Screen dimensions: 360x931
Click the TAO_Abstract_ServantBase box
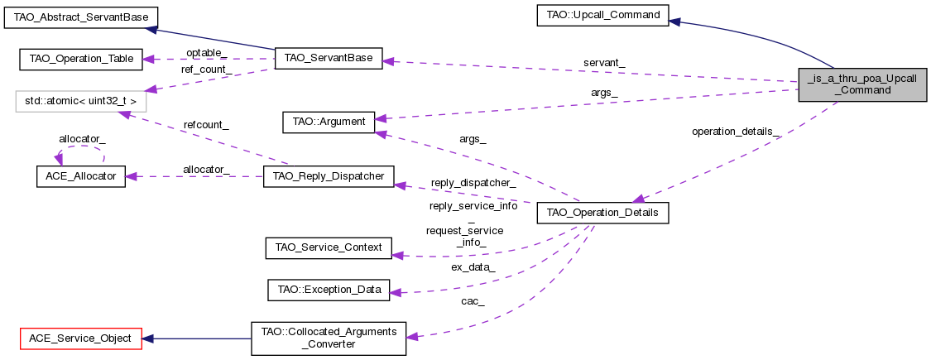click(x=81, y=16)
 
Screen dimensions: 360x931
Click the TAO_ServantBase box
click(x=328, y=59)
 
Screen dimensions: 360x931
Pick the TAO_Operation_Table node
click(x=81, y=59)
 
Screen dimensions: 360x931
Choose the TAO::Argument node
click(x=329, y=122)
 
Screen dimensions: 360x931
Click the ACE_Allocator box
click(x=80, y=175)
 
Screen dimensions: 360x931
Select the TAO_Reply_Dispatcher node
click(x=329, y=175)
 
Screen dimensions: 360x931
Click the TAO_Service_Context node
click(x=328, y=247)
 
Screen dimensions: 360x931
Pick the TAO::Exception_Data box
click(x=329, y=290)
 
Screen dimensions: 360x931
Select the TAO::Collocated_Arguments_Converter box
click(x=329, y=338)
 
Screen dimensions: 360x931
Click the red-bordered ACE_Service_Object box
click(x=81, y=338)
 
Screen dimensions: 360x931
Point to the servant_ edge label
click(x=604, y=64)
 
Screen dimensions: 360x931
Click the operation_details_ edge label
click(x=736, y=132)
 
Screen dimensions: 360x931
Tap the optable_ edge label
click(x=206, y=52)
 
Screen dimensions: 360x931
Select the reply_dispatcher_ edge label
click(x=473, y=182)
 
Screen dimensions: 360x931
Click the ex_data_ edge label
click(x=473, y=267)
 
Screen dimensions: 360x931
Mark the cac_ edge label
click(x=473, y=300)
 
